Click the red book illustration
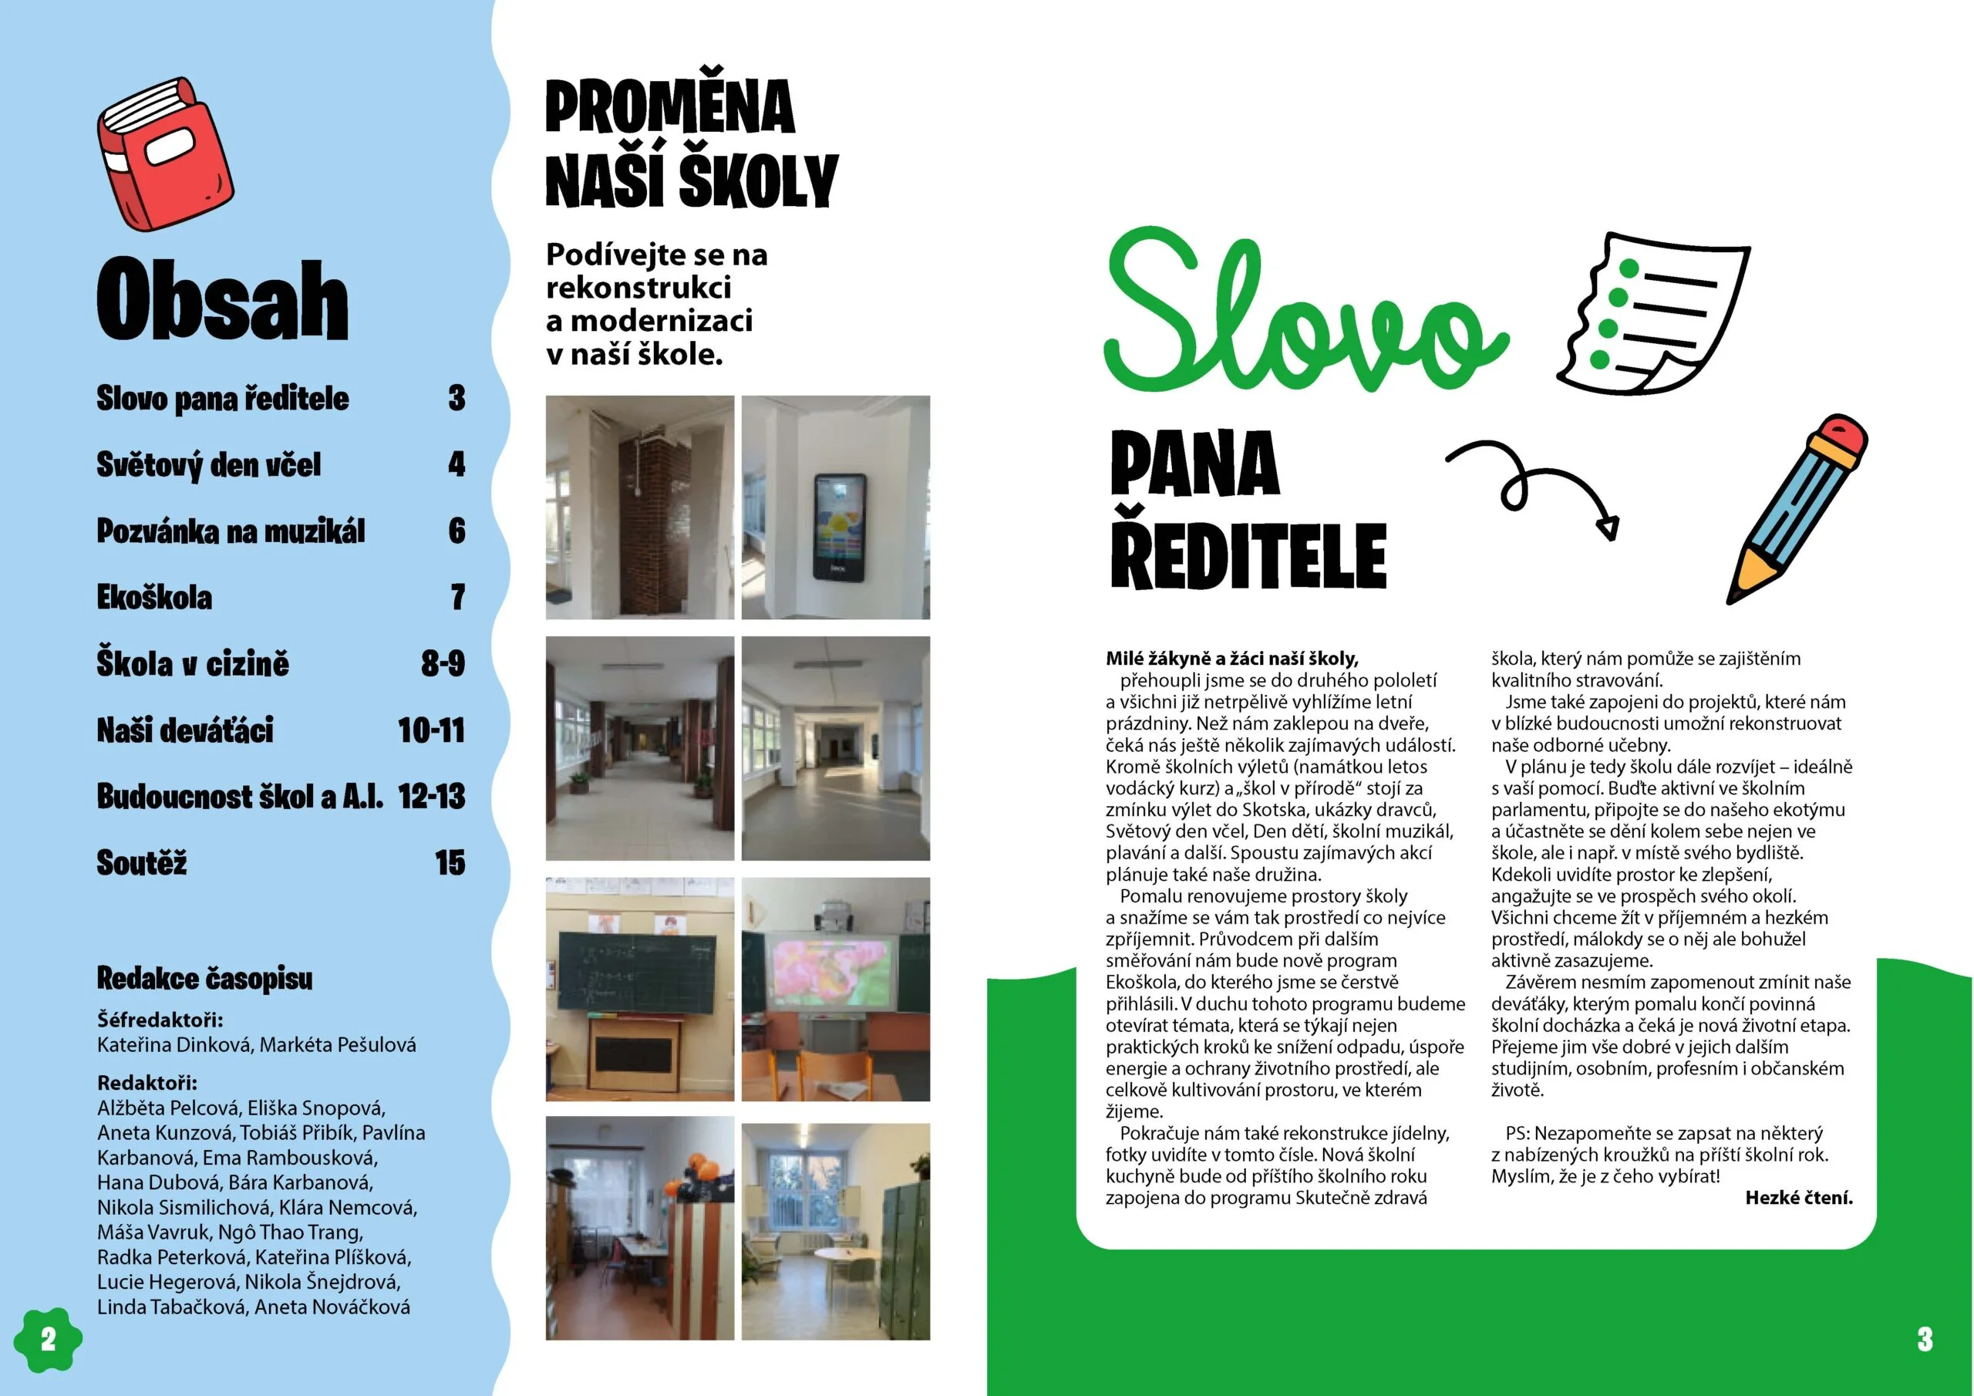point(164,156)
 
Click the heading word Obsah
point(222,300)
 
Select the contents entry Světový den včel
point(208,464)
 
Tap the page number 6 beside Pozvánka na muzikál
point(456,531)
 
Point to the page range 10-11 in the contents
point(431,730)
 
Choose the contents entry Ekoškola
point(154,597)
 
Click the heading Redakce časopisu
point(204,978)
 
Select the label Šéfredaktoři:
point(160,1020)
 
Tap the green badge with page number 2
point(48,1339)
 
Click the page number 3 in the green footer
point(1925,1339)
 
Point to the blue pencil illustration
point(1797,507)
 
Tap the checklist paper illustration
point(1651,314)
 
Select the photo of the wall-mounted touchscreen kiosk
point(836,507)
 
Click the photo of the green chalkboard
point(640,990)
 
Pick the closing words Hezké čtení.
point(1799,1197)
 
